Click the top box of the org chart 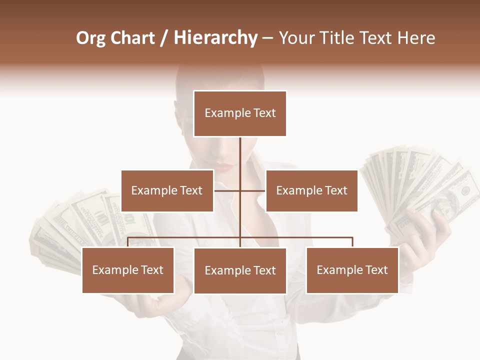240,113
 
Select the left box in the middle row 167,190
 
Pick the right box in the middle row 311,190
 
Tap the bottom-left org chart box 128,270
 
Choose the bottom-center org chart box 240,270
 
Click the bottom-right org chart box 352,270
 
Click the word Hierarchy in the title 215,38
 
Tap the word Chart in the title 133,38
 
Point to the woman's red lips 225,167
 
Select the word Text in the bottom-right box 376,270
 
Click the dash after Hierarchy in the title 267,38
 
